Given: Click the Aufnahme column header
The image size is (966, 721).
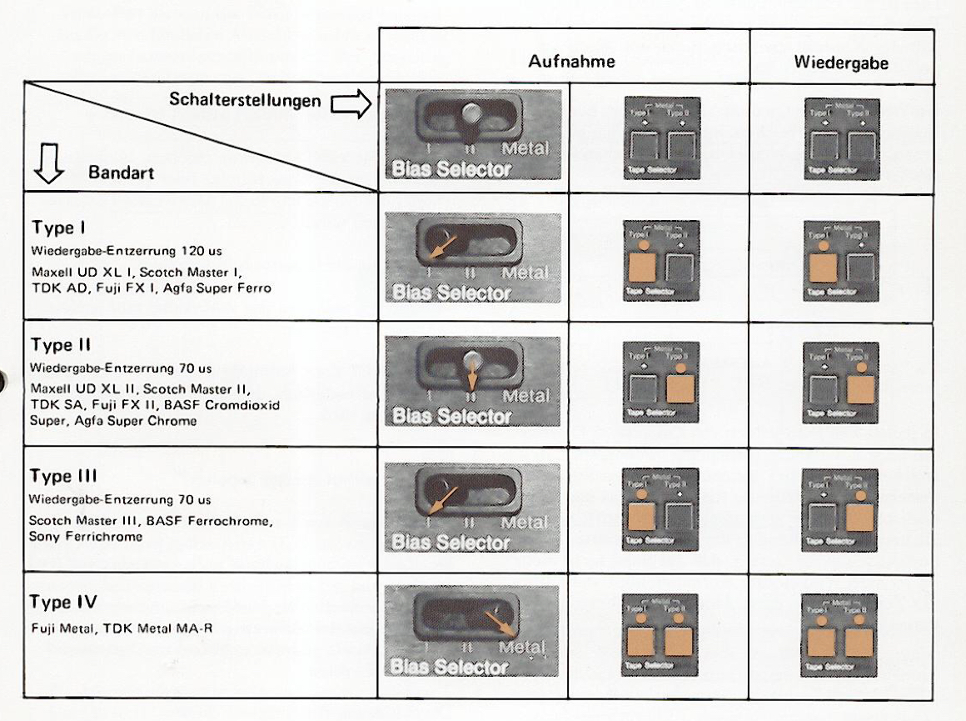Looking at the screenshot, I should (571, 62).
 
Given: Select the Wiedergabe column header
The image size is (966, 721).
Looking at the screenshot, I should (840, 63).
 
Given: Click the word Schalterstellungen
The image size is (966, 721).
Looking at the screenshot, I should (245, 100).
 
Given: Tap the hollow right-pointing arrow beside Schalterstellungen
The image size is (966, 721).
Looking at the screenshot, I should (350, 105).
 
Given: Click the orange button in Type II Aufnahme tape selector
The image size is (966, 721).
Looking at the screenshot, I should (680, 389).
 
